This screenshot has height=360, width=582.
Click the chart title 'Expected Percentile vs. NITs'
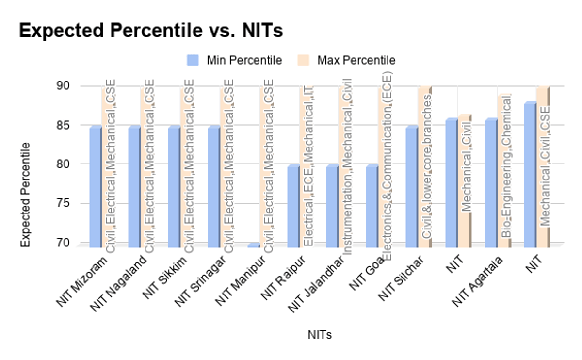point(150,31)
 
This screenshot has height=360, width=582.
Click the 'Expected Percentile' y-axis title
point(25,194)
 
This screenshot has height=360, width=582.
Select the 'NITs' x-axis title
point(320,335)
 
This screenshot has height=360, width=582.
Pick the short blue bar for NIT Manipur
point(253,245)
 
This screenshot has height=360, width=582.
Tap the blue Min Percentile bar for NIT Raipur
point(293,206)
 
